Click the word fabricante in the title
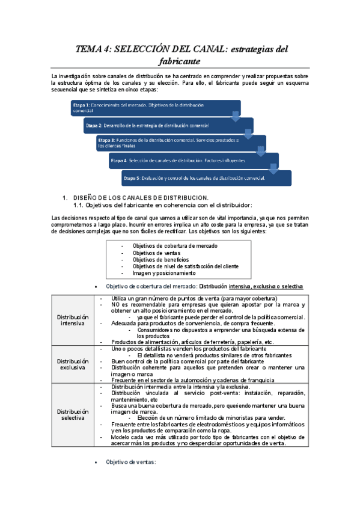[x=180, y=61]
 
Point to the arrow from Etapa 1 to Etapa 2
[x=236, y=115]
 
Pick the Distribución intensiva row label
[x=73, y=320]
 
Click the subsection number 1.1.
[x=78, y=205]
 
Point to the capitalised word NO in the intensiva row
[x=116, y=304]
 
